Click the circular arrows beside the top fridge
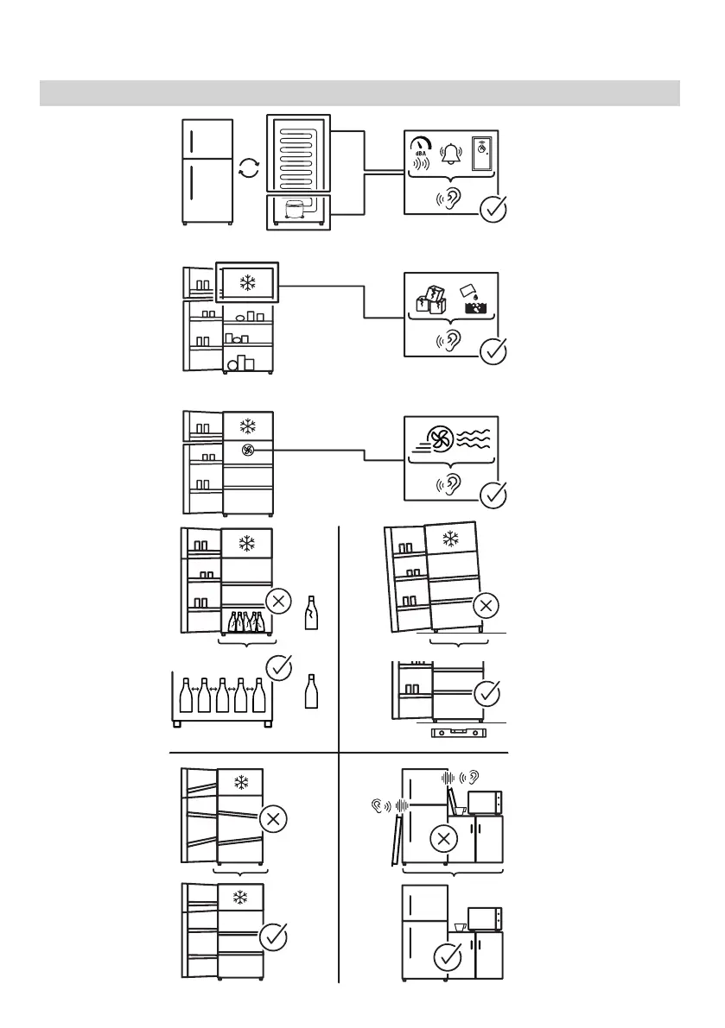coord(248,168)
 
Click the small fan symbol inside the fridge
coord(248,450)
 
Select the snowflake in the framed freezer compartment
coord(248,283)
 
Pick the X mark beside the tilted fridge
coord(486,607)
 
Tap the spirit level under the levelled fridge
coord(459,735)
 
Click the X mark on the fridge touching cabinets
coord(444,836)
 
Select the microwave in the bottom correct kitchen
coord(485,917)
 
